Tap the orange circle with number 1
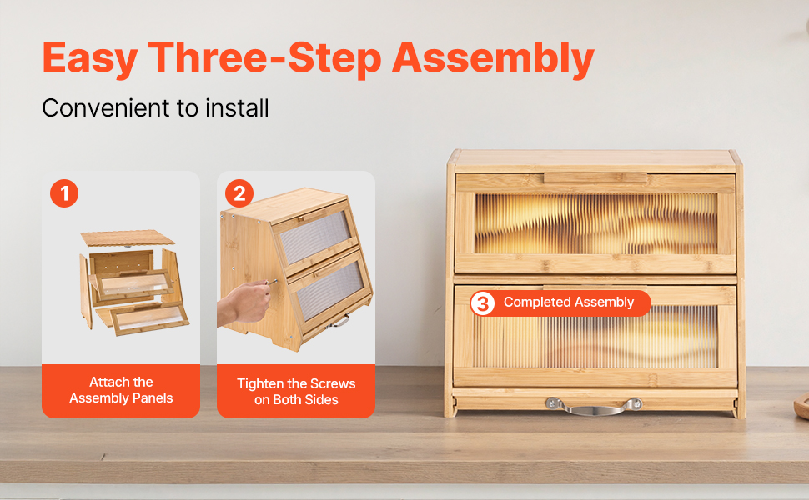64,193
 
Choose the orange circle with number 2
239,193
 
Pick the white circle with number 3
482,303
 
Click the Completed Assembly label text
569,302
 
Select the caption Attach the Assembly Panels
121,390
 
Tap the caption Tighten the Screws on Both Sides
296,392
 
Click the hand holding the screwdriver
244,303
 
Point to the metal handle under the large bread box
594,406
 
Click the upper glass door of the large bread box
595,223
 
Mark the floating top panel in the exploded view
128,238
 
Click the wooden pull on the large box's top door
595,178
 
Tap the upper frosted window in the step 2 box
314,236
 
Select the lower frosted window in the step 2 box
331,290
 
